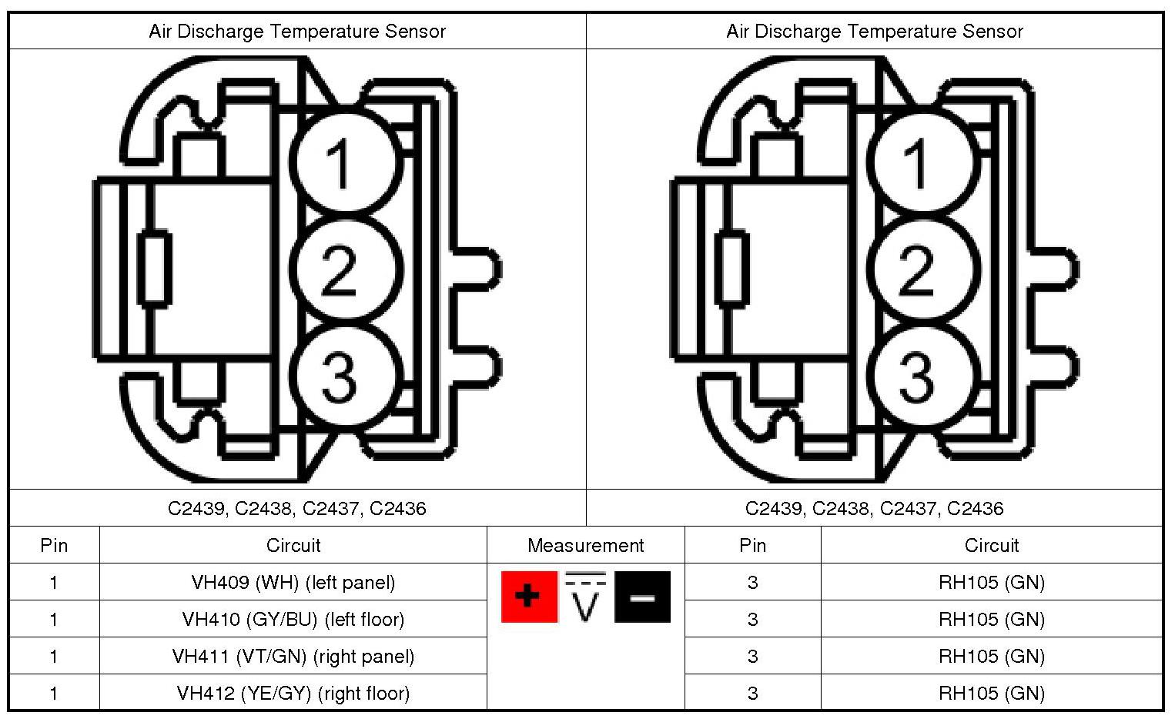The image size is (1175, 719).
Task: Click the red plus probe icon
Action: (x=529, y=597)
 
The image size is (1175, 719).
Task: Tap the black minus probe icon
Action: (x=642, y=597)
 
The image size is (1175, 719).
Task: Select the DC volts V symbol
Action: (x=585, y=597)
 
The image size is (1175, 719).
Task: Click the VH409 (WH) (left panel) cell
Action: (x=293, y=582)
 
